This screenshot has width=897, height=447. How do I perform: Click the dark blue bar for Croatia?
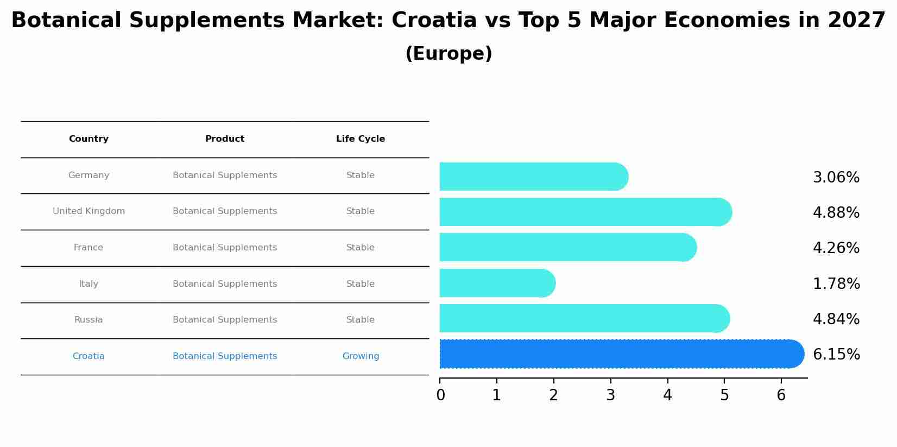(619, 354)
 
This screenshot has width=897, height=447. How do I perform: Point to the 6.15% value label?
(836, 355)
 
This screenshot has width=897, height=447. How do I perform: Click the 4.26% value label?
(836, 248)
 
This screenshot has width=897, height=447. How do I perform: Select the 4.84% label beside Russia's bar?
(836, 319)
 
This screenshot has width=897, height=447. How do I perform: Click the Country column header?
(89, 139)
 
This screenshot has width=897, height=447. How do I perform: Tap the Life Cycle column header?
(361, 139)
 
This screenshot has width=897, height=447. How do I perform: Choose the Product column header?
(225, 139)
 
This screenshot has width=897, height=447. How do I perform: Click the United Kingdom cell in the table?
(89, 211)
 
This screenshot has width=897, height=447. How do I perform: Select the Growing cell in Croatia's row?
(361, 356)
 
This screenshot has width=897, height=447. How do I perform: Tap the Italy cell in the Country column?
(89, 284)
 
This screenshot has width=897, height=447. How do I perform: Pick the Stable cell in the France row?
(361, 248)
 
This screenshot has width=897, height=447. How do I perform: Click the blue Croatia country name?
(89, 356)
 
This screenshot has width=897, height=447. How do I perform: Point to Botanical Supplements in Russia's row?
(225, 320)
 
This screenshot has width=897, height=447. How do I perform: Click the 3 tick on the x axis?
(610, 395)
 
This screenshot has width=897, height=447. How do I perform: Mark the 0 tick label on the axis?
(440, 395)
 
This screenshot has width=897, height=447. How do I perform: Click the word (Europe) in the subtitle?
(448, 54)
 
